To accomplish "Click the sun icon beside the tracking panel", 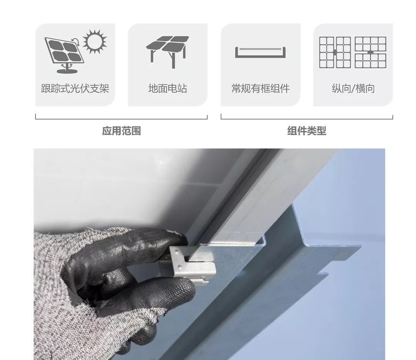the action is coord(94,41).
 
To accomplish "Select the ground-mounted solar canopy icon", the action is coord(168,51).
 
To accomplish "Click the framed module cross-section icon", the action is coord(260,52).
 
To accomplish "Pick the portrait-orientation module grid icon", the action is coord(335,52).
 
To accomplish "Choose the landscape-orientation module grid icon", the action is coord(371,52).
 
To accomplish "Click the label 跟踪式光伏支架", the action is coord(75,88).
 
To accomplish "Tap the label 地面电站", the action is coord(168,88).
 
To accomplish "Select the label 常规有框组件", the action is coord(260,88).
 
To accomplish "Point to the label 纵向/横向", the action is coord(353,88).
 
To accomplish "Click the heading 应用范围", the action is coord(121,131).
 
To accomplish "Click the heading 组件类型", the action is coord(307,131).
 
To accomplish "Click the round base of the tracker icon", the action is coord(67,71).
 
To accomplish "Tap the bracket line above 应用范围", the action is coord(121,119).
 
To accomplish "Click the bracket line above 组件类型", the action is coord(307,119).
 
